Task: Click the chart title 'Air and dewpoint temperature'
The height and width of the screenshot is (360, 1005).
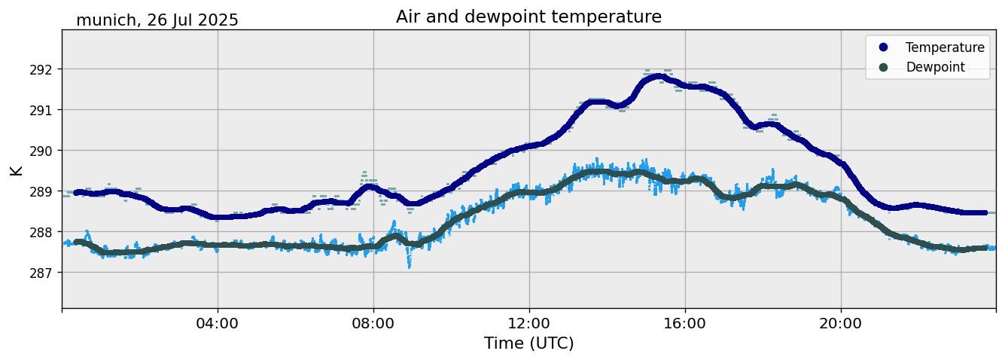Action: (528, 17)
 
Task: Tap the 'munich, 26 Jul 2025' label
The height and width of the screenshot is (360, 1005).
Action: (157, 20)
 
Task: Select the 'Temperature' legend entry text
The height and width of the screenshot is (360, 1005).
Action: (945, 47)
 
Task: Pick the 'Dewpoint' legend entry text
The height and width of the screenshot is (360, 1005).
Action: (935, 67)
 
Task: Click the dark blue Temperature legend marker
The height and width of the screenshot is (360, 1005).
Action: (883, 47)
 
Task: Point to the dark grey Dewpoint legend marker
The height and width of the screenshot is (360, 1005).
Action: (883, 67)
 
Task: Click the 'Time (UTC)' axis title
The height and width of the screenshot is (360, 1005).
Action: (528, 343)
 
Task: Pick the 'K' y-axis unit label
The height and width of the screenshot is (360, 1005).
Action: (16, 170)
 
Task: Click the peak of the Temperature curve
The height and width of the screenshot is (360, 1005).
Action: (658, 76)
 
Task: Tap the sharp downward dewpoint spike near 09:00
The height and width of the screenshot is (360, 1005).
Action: (409, 264)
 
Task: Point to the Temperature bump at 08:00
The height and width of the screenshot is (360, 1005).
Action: (369, 186)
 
